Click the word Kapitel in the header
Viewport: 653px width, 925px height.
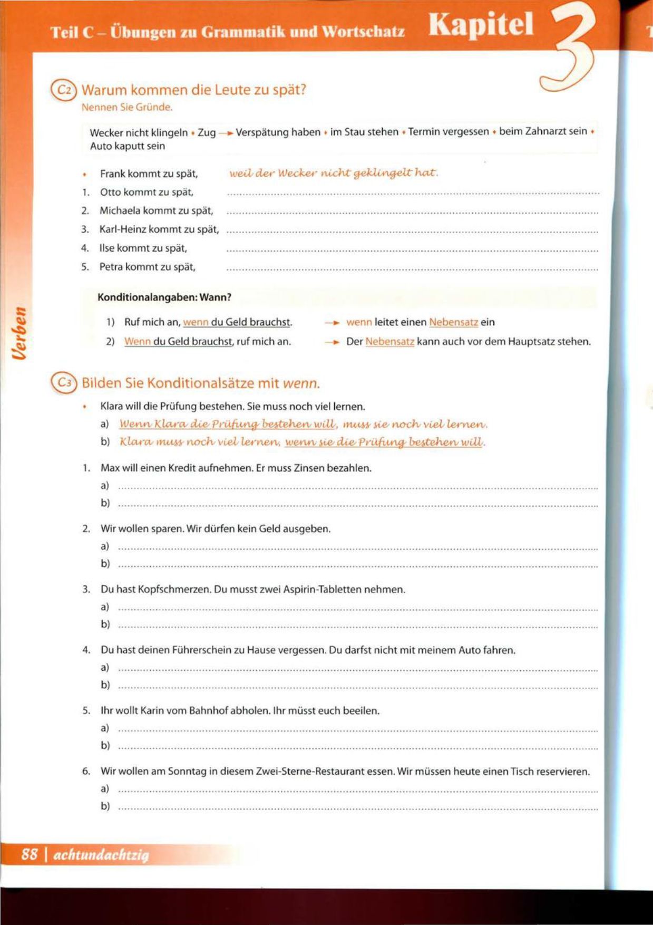(481, 25)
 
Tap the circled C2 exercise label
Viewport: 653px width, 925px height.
(64, 90)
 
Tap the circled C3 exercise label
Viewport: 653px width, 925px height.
(64, 383)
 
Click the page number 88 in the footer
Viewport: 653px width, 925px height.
(30, 854)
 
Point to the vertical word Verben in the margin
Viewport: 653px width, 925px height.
(20, 333)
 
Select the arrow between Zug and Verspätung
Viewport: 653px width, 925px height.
(226, 133)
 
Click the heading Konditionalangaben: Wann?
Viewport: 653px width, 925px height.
(164, 297)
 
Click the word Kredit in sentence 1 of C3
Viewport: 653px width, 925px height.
(182, 468)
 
